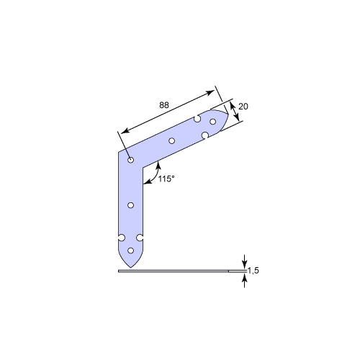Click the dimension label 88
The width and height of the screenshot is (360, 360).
point(164,105)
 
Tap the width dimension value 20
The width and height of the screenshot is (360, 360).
point(243,107)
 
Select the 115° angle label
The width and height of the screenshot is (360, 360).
point(166,179)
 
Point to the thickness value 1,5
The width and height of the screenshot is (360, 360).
point(253,271)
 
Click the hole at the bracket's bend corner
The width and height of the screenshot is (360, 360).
point(130,160)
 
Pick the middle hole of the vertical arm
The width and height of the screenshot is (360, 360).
point(130,205)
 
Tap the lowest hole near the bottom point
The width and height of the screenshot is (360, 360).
point(130,251)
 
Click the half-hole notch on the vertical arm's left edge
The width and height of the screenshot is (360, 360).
point(121,238)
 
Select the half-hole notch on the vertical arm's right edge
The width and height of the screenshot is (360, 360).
point(140,238)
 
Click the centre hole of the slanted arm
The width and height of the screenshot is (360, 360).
point(171,140)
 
